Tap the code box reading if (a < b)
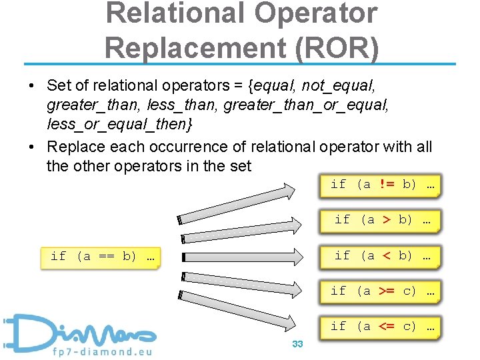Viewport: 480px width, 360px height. pos(381,256)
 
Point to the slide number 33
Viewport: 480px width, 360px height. pos(297,344)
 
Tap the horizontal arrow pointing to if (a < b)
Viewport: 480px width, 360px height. pos(247,257)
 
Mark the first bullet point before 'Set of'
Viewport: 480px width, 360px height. pos(31,87)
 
